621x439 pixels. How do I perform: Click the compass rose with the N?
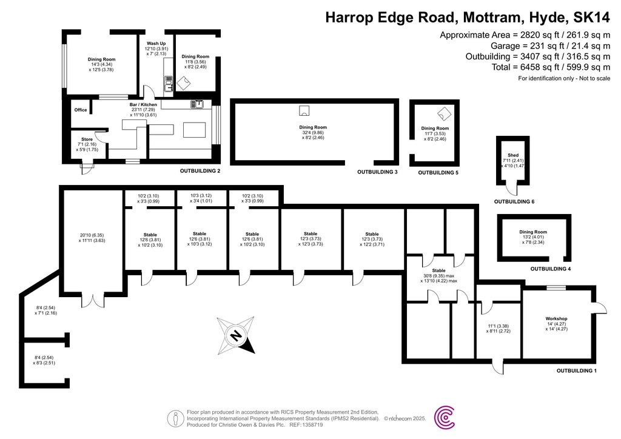pos(237,334)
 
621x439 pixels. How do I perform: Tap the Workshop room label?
pos(556,318)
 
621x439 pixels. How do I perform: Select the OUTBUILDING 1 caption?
pos(577,370)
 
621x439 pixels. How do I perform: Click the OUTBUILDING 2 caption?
pos(200,172)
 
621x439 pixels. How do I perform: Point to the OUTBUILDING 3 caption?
pos(377,173)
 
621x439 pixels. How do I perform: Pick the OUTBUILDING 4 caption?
pos(551,269)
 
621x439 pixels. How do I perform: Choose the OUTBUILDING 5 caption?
pos(438,173)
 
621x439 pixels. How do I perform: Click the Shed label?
pos(512,155)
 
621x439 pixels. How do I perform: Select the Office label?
pos(81,110)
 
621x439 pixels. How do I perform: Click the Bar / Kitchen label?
pos(144,104)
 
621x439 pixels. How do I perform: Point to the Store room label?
pos(87,139)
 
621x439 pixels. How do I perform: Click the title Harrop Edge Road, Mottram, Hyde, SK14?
pos(468,17)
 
